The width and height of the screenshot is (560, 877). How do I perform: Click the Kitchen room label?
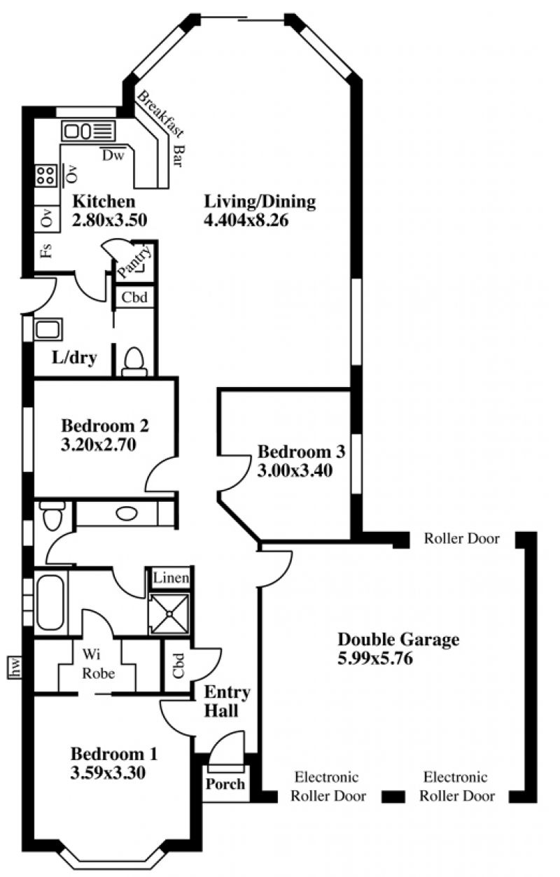pos(104,202)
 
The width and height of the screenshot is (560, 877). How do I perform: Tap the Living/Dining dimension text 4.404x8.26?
pos(246,220)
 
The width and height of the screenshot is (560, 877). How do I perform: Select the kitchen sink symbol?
pos(88,131)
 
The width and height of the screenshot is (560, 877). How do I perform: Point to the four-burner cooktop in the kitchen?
pos(45,176)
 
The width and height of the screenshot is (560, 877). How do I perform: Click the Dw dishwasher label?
pos(113,155)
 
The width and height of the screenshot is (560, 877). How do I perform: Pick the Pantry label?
pos(134,260)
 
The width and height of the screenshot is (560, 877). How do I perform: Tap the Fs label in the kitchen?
pos(46,251)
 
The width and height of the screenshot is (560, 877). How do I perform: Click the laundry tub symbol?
pos(48,329)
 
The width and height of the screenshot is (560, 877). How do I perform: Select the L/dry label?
pos(74,358)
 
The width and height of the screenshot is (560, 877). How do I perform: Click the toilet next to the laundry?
pos(134,361)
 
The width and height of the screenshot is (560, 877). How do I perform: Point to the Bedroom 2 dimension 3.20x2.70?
pos(98,444)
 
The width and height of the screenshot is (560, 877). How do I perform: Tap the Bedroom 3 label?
pos(301,451)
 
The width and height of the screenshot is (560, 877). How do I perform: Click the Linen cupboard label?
pos(171,577)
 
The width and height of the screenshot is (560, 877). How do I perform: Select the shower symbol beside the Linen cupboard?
pos(169,614)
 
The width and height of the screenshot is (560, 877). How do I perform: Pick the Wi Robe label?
pos(99,664)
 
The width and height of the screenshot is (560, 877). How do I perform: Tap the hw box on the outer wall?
pos(14,667)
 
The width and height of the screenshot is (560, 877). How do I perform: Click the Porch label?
pos(225,783)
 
